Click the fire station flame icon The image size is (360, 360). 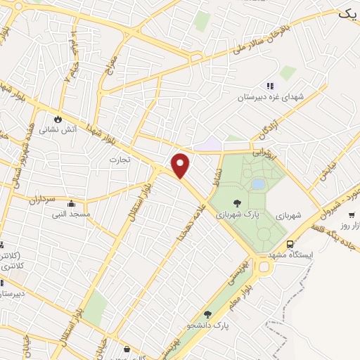[x=58, y=118]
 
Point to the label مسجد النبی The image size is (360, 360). [x=72, y=213]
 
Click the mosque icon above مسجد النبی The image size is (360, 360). [x=70, y=202]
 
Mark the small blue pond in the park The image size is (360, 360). [x=258, y=184]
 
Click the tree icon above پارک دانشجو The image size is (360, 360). [x=207, y=314]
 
